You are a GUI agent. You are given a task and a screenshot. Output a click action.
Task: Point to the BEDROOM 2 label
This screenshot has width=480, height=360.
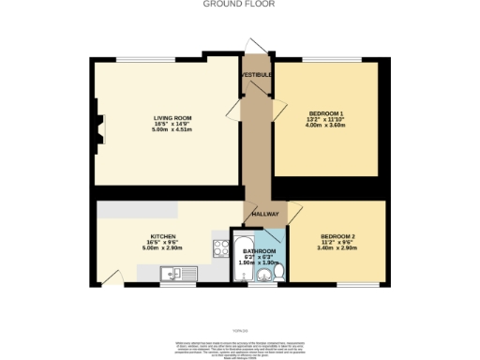(337, 235)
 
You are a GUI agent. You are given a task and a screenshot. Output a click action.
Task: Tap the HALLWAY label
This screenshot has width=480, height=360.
(266, 214)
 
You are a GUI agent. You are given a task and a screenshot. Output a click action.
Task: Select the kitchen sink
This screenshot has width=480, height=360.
(175, 273)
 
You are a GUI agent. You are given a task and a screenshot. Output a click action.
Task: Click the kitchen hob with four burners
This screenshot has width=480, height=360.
(221, 248)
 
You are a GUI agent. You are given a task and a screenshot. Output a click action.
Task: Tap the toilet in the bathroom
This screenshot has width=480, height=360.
(278, 273)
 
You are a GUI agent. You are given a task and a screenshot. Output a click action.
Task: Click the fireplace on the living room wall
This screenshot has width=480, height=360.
(99, 125)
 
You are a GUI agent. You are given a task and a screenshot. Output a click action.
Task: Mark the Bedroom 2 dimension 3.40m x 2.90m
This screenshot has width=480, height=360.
(337, 248)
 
